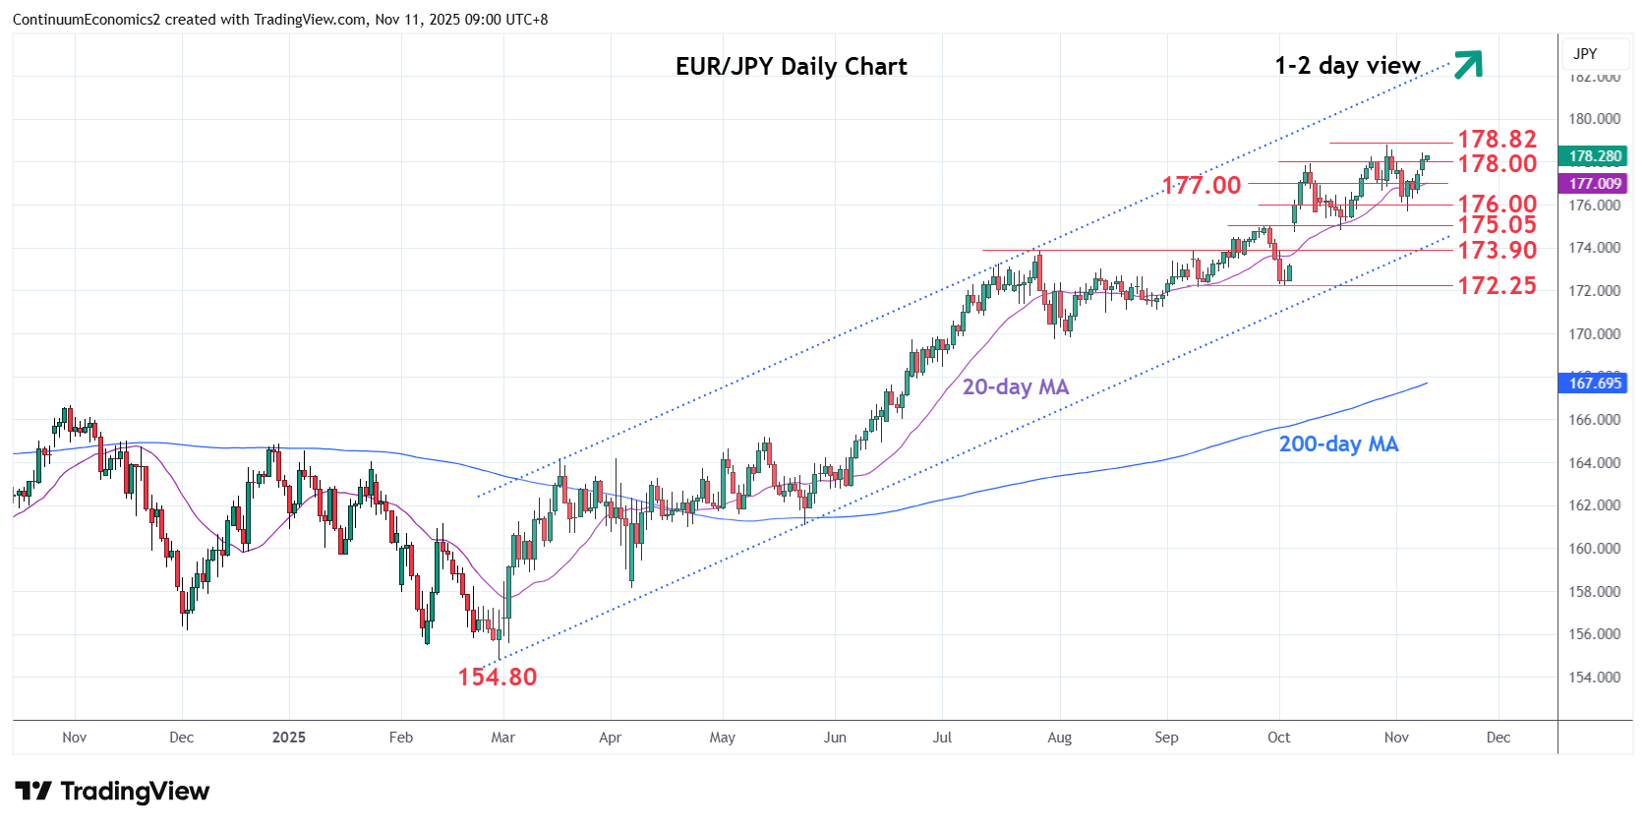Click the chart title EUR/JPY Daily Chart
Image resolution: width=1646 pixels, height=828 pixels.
coord(791,66)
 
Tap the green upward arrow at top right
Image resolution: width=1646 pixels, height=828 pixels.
coord(1467,64)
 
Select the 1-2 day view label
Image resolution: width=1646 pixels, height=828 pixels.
coord(1347,66)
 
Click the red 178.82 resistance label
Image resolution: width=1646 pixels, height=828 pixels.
coord(1496,140)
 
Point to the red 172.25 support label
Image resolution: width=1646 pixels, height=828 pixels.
coord(1496,286)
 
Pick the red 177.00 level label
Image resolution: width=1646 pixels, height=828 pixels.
coord(1201,185)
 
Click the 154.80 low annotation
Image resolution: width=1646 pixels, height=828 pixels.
coord(497,677)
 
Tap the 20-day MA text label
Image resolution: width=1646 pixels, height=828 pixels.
coord(1015,387)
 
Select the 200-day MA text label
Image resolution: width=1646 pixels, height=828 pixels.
coord(1337,444)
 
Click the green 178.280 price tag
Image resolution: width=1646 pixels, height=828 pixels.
coord(1594,156)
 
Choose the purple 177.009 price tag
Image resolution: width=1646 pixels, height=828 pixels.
coord(1594,184)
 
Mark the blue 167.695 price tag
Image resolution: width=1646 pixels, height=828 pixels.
coord(1594,384)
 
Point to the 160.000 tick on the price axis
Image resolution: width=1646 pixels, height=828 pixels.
coord(1594,549)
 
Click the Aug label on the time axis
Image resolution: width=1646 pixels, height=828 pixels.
coord(1059,738)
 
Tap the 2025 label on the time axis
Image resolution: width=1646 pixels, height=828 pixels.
coord(289,738)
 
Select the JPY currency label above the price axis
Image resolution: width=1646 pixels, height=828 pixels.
coord(1585,54)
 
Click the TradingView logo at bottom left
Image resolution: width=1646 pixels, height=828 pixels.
coord(112,792)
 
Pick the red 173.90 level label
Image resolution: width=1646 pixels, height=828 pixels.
coord(1496,251)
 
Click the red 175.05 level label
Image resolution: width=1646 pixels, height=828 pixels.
coord(1496,225)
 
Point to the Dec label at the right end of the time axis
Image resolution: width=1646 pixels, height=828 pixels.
coord(1498,738)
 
